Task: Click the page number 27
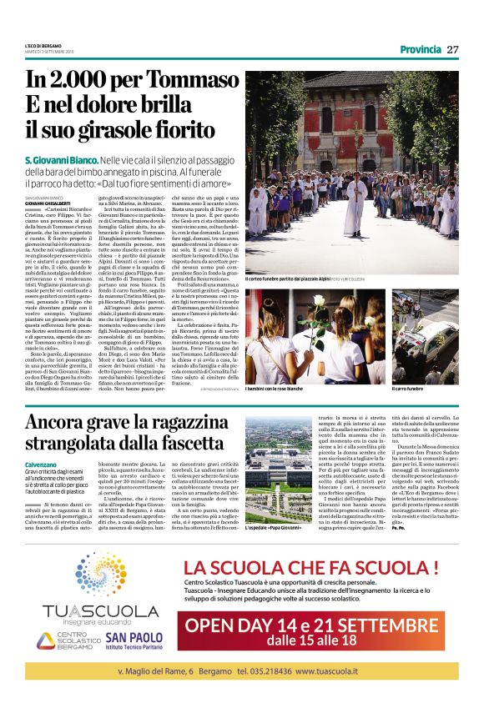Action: click(453, 49)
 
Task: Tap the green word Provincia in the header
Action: click(420, 49)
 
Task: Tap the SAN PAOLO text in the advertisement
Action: click(129, 636)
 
